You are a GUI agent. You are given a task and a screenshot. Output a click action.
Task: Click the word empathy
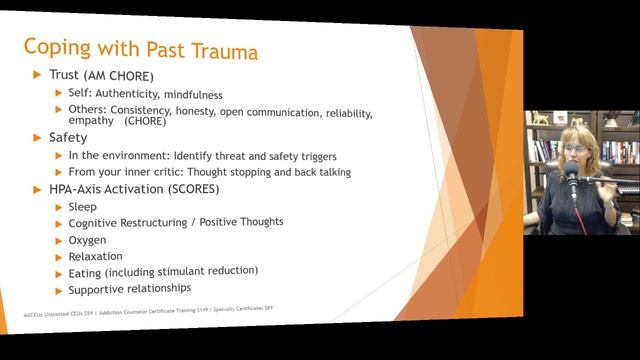[92, 120]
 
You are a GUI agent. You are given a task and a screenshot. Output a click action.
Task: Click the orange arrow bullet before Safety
[38, 137]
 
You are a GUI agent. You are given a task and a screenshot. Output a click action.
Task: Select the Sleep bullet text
[83, 206]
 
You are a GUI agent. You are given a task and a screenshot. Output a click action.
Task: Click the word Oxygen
[89, 239]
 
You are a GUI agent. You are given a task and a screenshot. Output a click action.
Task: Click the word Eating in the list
[85, 272]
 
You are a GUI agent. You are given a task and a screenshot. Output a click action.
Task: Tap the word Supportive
[99, 289]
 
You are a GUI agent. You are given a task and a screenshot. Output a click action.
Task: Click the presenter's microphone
[572, 181]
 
